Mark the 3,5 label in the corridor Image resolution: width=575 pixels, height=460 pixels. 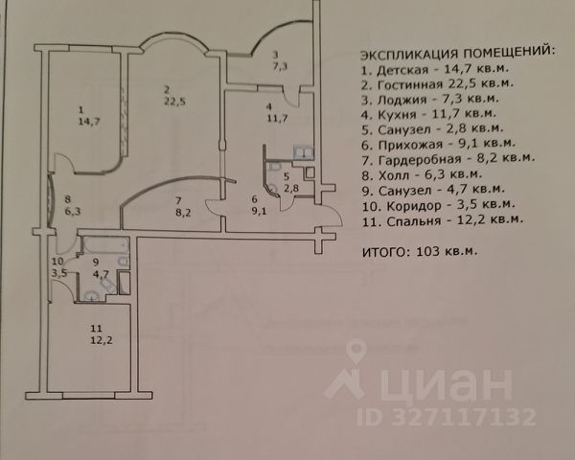point(59,273)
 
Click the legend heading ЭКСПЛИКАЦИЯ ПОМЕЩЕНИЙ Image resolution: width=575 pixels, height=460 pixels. point(455,52)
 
